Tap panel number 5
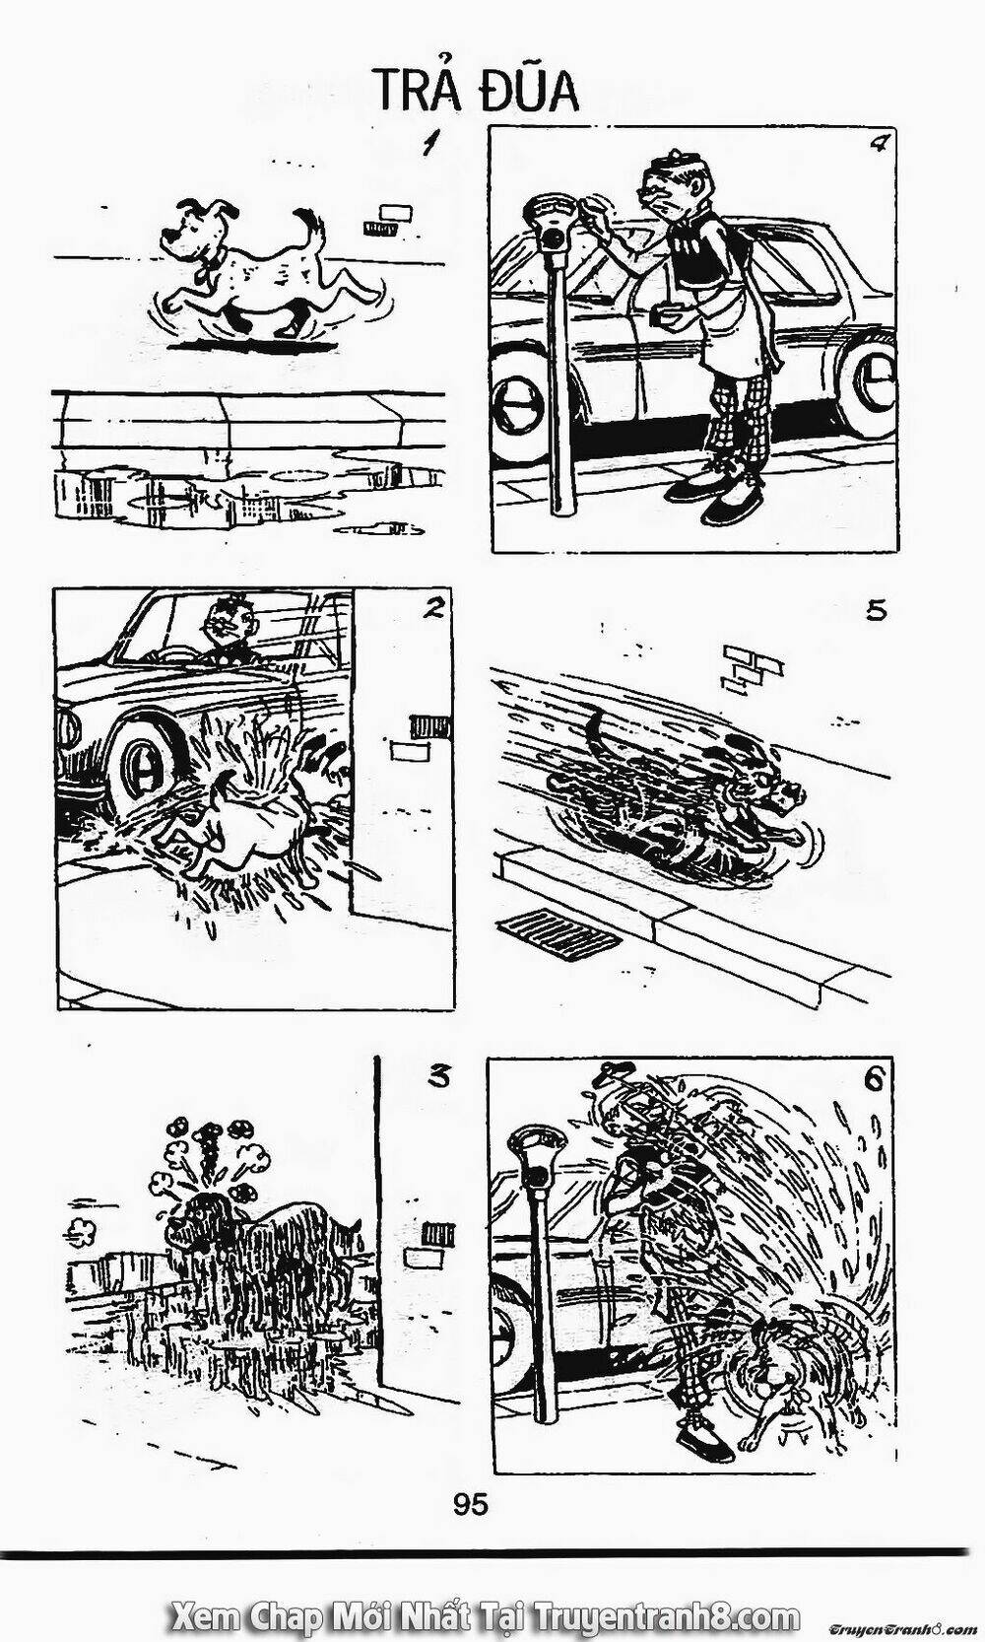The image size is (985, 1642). pyautogui.click(x=876, y=610)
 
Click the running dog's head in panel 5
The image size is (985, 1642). pyautogui.click(x=766, y=788)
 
